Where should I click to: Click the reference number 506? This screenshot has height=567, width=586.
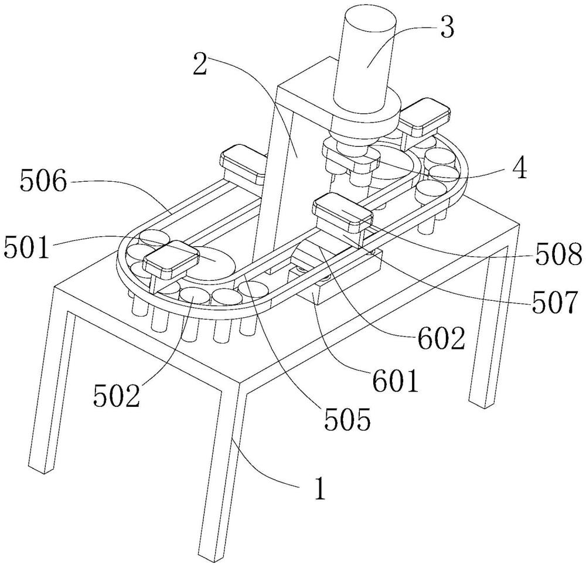(43, 181)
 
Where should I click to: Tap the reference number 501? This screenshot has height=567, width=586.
(26, 247)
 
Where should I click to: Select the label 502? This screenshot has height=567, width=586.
(117, 395)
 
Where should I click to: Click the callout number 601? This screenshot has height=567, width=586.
(396, 381)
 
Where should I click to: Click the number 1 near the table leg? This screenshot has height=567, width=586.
(319, 487)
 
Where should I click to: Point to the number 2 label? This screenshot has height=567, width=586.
(200, 63)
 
